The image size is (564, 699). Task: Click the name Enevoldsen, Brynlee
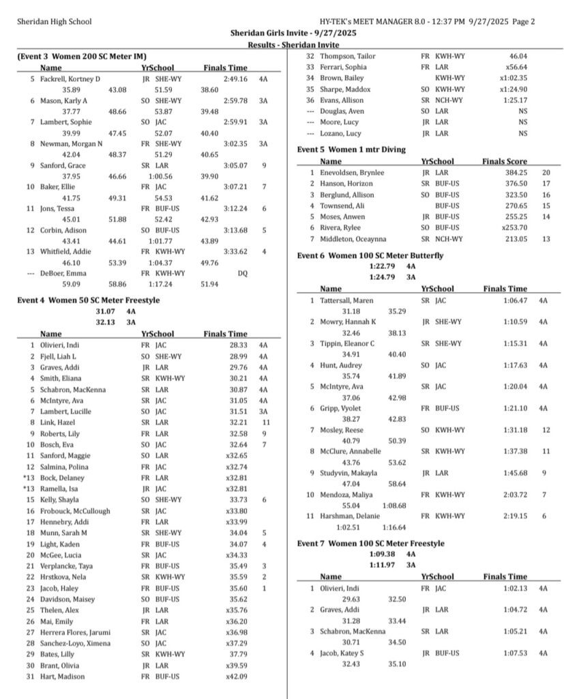pyautogui.click(x=349, y=173)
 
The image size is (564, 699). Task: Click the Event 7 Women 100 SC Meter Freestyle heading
pyautogui.click(x=370, y=543)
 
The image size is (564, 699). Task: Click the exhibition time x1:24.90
pyautogui.click(x=512, y=89)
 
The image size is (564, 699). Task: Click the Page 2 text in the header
pyautogui.click(x=523, y=22)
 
